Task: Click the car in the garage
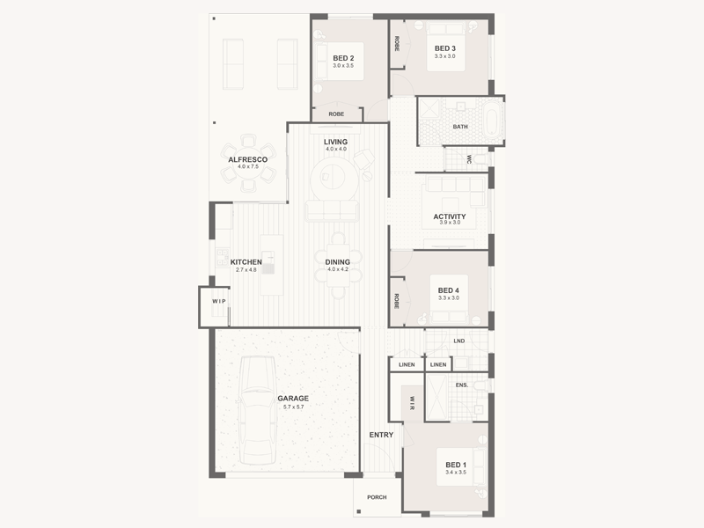pyautogui.click(x=257, y=410)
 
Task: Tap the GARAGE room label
pyautogui.click(x=293, y=399)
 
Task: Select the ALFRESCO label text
pyautogui.click(x=248, y=159)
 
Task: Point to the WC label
pyautogui.click(x=469, y=159)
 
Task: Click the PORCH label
pyautogui.click(x=377, y=497)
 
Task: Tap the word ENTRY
pyautogui.click(x=381, y=435)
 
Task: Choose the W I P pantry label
pyautogui.click(x=219, y=301)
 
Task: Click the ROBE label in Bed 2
pyautogui.click(x=336, y=114)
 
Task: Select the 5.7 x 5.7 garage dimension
pyautogui.click(x=293, y=407)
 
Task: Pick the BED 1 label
pyautogui.click(x=456, y=465)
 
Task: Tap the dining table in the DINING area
pyautogui.click(x=338, y=266)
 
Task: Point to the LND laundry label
pyautogui.click(x=458, y=341)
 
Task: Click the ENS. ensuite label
pyautogui.click(x=461, y=385)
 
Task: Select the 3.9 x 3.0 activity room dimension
pyautogui.click(x=450, y=223)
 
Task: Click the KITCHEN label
pyautogui.click(x=246, y=262)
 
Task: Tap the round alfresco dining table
pyautogui.click(x=248, y=163)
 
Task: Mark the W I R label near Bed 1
pyautogui.click(x=412, y=403)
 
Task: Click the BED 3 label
pyautogui.click(x=445, y=48)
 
